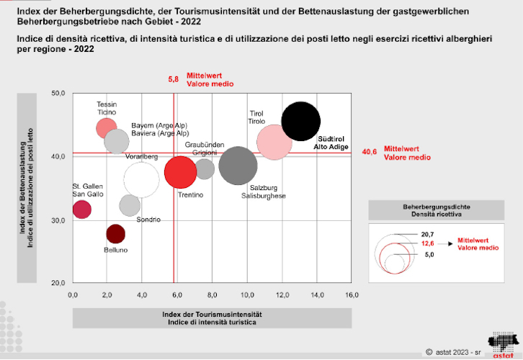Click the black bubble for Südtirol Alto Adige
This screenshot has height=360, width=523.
coord(301,121)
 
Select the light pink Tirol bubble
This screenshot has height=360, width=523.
coord(274,141)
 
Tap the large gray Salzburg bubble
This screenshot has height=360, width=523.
coord(238,166)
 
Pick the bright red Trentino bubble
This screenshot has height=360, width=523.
coord(180,171)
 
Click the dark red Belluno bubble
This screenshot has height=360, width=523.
coord(115,234)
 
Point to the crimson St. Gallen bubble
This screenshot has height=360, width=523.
coord(81,210)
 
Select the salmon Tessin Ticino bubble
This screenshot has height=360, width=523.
coord(107,127)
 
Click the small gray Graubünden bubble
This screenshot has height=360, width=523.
coord(205,169)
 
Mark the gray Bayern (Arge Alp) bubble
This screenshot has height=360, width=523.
coord(116,141)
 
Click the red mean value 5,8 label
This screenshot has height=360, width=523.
coord(173,79)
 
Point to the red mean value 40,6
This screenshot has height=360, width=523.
coord(369,152)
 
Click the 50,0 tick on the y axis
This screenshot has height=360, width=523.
coord(58,94)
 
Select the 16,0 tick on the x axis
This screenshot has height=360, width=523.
coord(351,295)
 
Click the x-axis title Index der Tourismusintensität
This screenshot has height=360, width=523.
coord(211,315)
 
